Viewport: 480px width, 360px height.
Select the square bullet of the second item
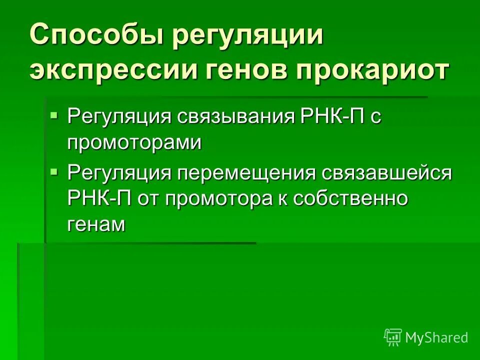(x=54, y=171)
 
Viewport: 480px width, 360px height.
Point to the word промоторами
(x=134, y=143)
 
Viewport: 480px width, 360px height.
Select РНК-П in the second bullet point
(x=99, y=198)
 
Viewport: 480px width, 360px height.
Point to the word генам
(x=95, y=224)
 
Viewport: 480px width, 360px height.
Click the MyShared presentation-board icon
(x=393, y=337)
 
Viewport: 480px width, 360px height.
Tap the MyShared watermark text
(x=436, y=338)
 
